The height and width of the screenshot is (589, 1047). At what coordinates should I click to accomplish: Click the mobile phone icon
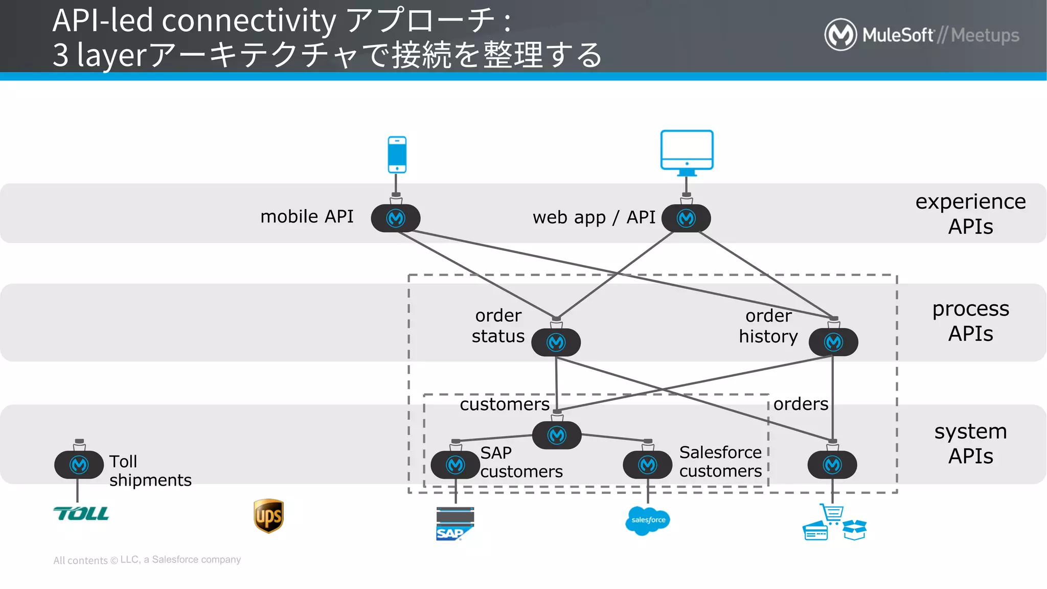(x=397, y=154)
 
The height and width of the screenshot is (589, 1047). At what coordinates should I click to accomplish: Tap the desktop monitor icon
(x=687, y=151)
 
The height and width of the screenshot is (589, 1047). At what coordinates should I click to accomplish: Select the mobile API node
(x=396, y=218)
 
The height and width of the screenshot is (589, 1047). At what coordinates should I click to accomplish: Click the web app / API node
(x=686, y=218)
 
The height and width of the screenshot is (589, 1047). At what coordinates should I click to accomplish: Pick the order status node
(x=556, y=342)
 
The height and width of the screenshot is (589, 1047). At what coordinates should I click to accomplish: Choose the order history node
(x=833, y=342)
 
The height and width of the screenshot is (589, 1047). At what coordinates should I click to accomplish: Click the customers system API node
(x=557, y=436)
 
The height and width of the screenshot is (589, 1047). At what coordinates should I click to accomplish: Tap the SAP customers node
(x=456, y=465)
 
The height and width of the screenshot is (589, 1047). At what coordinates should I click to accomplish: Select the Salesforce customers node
(x=648, y=465)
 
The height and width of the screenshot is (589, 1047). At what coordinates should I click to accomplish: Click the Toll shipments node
(x=79, y=465)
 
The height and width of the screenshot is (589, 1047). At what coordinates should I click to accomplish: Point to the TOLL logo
(x=81, y=513)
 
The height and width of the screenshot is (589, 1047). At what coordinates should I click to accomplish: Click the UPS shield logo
(x=268, y=516)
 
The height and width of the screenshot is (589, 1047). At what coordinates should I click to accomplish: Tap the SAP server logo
(x=454, y=524)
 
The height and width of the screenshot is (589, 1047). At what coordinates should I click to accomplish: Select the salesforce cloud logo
(x=648, y=520)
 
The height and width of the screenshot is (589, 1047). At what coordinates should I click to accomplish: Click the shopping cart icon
(x=832, y=513)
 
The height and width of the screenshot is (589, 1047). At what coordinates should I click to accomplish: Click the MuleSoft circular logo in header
(x=840, y=35)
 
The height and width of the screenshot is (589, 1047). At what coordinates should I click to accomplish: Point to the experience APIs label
(x=970, y=214)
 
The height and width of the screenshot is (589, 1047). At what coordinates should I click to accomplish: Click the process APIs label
(x=970, y=321)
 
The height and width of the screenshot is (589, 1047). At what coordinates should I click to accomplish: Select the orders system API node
(x=832, y=465)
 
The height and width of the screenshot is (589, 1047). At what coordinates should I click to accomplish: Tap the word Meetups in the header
(x=985, y=35)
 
